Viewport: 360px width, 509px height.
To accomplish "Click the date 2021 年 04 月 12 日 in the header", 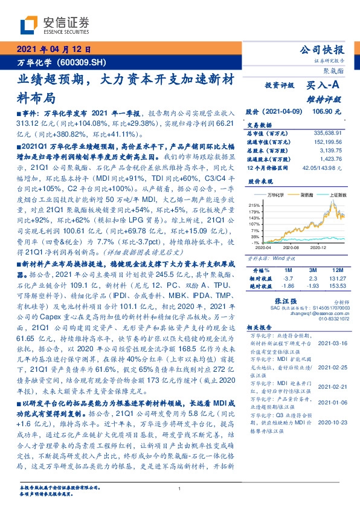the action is [x=53, y=50].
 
